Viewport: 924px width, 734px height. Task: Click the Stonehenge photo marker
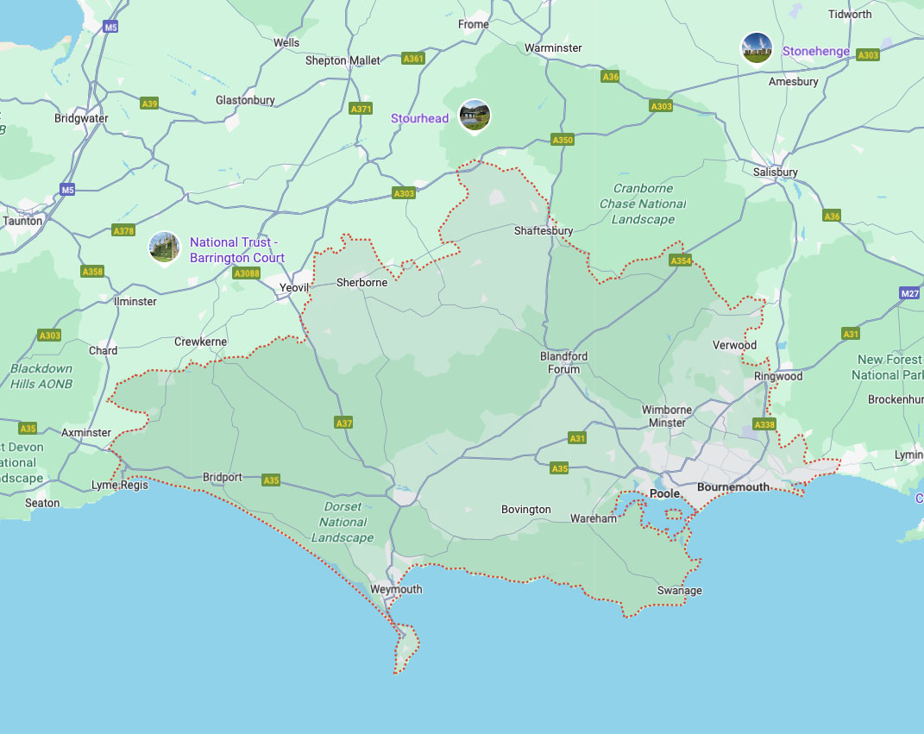point(757,48)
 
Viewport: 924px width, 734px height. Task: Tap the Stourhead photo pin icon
point(475,116)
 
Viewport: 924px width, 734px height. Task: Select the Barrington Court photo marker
point(164,248)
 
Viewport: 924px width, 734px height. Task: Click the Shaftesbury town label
point(544,231)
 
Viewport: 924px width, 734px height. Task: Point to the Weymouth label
point(396,590)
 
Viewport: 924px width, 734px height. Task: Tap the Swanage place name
point(680,591)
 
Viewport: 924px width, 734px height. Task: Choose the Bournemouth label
point(733,487)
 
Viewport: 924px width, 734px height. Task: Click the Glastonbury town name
point(245,100)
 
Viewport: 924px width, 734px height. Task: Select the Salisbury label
point(775,172)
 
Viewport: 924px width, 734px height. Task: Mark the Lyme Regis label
point(120,486)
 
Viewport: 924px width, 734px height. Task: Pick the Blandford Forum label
point(564,363)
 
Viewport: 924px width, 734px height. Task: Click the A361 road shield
point(413,59)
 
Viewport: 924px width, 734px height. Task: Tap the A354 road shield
point(681,260)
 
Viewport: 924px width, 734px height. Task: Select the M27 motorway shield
point(908,293)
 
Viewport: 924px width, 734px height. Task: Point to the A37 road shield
point(343,423)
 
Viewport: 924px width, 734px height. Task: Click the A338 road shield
point(764,424)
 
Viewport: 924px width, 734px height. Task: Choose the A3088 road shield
point(246,273)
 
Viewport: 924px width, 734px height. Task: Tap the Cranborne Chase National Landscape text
point(643,204)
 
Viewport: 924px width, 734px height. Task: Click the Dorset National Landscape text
point(343,522)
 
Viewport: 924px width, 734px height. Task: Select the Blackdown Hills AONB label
point(41,376)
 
